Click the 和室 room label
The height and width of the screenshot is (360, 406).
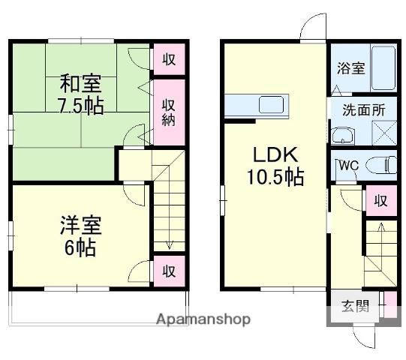coord(80,83)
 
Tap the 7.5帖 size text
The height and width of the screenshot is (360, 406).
coord(81,106)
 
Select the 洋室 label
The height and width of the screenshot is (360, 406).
coord(81,226)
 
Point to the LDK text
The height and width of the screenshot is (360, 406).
coord(275,154)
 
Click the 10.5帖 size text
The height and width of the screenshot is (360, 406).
coord(275,177)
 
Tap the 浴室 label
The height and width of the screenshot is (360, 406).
coord(351,68)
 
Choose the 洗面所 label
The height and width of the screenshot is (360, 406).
coord(364,109)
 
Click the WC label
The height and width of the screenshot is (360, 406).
coord(349,166)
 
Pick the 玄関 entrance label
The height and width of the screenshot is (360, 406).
coord(355,306)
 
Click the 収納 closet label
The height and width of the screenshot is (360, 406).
coord(169,112)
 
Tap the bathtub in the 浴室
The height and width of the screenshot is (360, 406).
coord(383,68)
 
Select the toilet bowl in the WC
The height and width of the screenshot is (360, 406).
coord(381,165)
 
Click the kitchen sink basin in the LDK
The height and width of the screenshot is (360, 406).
coord(271,104)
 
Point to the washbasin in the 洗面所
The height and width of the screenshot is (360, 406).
coord(343,135)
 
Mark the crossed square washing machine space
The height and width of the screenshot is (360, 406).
coord(384,133)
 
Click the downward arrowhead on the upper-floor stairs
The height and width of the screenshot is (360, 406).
coord(169,245)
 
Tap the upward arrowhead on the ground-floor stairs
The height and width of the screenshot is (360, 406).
coord(381,226)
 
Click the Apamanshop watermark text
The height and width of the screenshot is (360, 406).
coord(203,319)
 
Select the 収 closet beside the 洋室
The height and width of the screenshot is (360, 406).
coord(169,271)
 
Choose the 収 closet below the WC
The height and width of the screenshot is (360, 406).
coord(381,200)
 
